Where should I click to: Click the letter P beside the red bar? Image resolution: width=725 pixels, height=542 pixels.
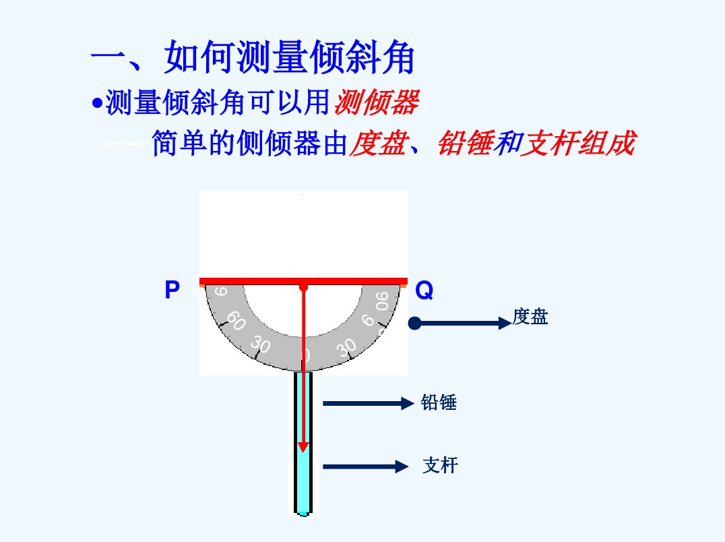click(172, 291)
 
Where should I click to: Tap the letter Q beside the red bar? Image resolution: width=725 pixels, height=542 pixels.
click(424, 291)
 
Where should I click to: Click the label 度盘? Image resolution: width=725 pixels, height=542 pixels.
click(530, 317)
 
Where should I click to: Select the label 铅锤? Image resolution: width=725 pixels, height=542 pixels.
click(439, 403)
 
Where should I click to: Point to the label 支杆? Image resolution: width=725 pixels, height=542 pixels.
click(440, 465)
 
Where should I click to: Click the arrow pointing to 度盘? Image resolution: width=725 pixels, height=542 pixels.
click(465, 324)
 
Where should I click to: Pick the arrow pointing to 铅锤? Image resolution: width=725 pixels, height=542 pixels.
click(367, 404)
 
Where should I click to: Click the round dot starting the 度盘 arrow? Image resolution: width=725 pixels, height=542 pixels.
click(415, 324)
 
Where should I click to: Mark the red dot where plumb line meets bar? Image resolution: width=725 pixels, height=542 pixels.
click(304, 287)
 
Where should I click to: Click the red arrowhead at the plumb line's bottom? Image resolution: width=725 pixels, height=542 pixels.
click(304, 446)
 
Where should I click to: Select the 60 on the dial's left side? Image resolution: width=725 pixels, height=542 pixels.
click(235, 320)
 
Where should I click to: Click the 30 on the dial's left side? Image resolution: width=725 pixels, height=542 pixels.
click(260, 345)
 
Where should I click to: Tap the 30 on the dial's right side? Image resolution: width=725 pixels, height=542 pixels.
click(347, 347)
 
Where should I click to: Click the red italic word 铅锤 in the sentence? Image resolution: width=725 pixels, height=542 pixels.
click(465, 143)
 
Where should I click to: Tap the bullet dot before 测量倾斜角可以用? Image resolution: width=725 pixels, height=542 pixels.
click(98, 104)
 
